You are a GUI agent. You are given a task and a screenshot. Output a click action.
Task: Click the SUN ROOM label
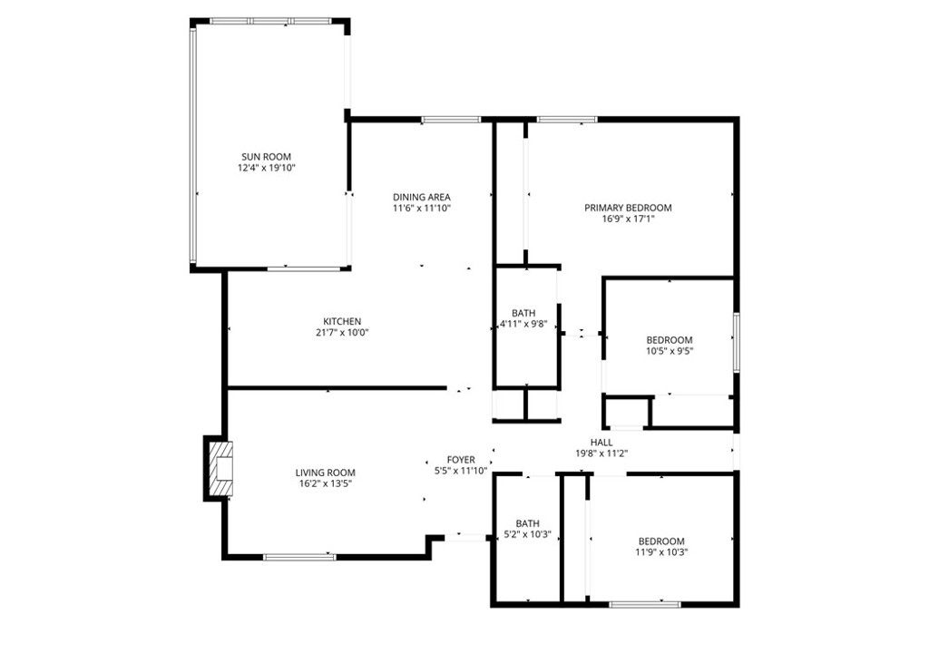point(266,156)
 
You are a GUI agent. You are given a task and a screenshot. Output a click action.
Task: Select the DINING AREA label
point(421,197)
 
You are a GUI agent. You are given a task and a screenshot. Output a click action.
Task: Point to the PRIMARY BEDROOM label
point(628,208)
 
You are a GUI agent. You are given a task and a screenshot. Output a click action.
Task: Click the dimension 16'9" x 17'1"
point(628,219)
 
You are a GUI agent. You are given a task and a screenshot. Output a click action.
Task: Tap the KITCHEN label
point(342,321)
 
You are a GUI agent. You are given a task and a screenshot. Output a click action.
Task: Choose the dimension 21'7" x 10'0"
point(342,332)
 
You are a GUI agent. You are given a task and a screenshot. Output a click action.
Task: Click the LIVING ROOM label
point(325,473)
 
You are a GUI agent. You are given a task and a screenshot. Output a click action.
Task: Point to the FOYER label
point(461,460)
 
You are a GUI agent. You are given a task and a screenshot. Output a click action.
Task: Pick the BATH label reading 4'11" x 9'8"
point(523,313)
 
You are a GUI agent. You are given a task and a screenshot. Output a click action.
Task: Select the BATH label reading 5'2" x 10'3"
point(527,523)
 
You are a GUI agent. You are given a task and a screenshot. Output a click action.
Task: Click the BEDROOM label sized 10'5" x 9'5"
point(670,340)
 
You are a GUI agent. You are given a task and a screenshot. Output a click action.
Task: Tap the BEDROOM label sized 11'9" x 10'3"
point(660,541)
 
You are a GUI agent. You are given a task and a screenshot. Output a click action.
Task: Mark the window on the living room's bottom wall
point(298,556)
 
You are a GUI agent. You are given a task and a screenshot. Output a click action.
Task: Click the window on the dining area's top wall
point(451,119)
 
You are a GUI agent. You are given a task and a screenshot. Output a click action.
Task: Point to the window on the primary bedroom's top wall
point(567,119)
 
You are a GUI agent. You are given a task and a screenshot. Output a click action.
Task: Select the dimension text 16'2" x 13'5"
point(325,483)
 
